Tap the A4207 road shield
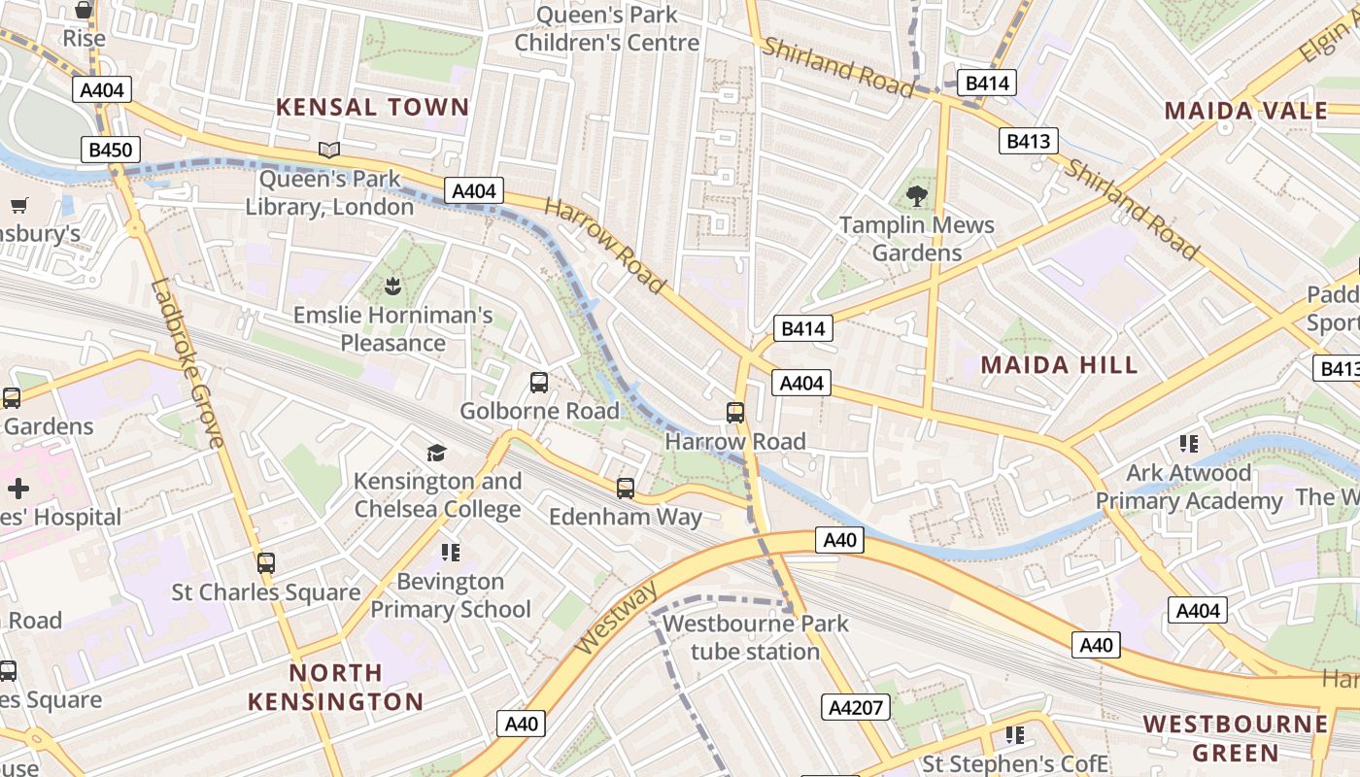[856, 707]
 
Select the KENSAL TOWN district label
[373, 107]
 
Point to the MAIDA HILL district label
[1059, 365]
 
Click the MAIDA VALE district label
[1246, 111]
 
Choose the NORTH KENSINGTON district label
[335, 687]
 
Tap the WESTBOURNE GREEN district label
[1236, 738]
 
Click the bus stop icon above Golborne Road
[539, 383]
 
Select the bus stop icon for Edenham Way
[626, 489]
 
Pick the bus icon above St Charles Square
[265, 563]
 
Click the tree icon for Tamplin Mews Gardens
[916, 197]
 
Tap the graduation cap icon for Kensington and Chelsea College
[436, 453]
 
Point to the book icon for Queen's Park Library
[329, 151]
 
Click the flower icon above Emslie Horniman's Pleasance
[393, 287]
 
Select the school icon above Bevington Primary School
[450, 553]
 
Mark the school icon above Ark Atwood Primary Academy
[1188, 444]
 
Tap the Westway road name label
[616, 619]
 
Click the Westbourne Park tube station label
[756, 637]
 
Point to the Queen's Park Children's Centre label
[607, 29]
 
